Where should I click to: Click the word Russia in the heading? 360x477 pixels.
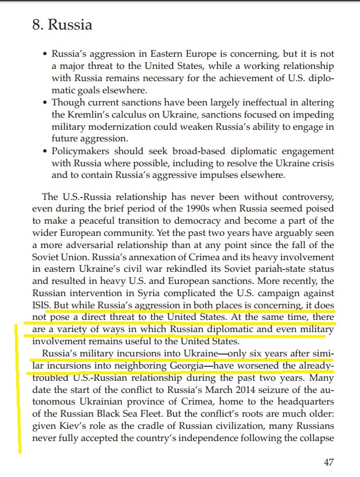tap(70, 26)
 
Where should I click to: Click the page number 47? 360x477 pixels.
tap(329, 462)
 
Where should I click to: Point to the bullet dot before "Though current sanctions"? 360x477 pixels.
tap(45, 103)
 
